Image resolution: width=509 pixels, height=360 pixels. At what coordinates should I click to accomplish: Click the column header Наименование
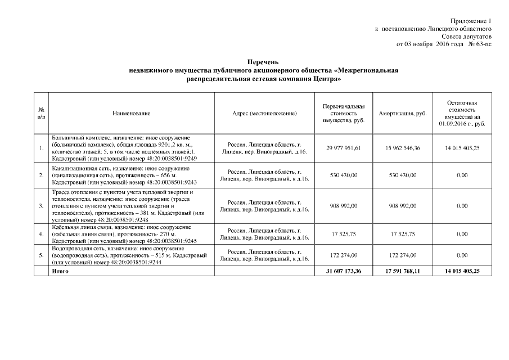[131, 114]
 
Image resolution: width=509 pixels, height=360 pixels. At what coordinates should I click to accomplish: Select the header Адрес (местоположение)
[264, 114]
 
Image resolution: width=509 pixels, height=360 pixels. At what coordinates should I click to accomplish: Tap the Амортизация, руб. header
[403, 114]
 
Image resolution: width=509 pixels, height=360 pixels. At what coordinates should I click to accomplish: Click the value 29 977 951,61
[344, 148]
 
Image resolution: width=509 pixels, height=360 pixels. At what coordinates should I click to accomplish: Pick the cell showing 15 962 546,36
[403, 148]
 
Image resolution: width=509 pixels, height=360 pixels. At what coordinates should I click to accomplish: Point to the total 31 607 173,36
[344, 271]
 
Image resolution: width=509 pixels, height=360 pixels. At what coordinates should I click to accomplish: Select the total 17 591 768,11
[403, 271]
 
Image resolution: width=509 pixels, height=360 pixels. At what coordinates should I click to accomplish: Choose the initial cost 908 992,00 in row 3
[344, 206]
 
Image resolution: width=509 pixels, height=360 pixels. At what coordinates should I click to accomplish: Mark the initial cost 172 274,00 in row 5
[344, 255]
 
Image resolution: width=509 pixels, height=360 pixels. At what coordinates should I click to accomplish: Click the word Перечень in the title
[263, 61]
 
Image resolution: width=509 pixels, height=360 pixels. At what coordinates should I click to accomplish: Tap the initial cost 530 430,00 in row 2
[344, 175]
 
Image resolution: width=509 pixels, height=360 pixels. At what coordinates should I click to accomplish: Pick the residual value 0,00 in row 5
[462, 255]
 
